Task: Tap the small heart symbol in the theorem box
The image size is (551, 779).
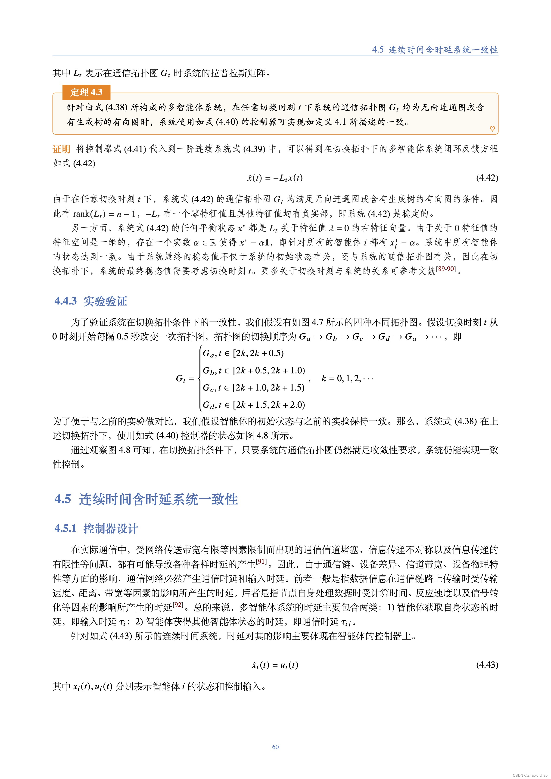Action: (492, 129)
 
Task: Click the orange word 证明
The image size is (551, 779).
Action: (61, 149)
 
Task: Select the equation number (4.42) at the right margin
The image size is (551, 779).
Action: (487, 178)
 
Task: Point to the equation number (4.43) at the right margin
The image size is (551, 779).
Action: (487, 665)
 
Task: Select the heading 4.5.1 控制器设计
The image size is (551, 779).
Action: (96, 528)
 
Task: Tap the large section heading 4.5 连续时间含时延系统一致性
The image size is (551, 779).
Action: (146, 499)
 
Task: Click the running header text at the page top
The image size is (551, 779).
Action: (435, 50)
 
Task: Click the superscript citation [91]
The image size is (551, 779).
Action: (261, 561)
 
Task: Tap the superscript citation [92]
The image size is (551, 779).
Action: (178, 604)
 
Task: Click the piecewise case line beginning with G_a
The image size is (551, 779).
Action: (243, 354)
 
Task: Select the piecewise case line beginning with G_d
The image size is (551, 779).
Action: (253, 405)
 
